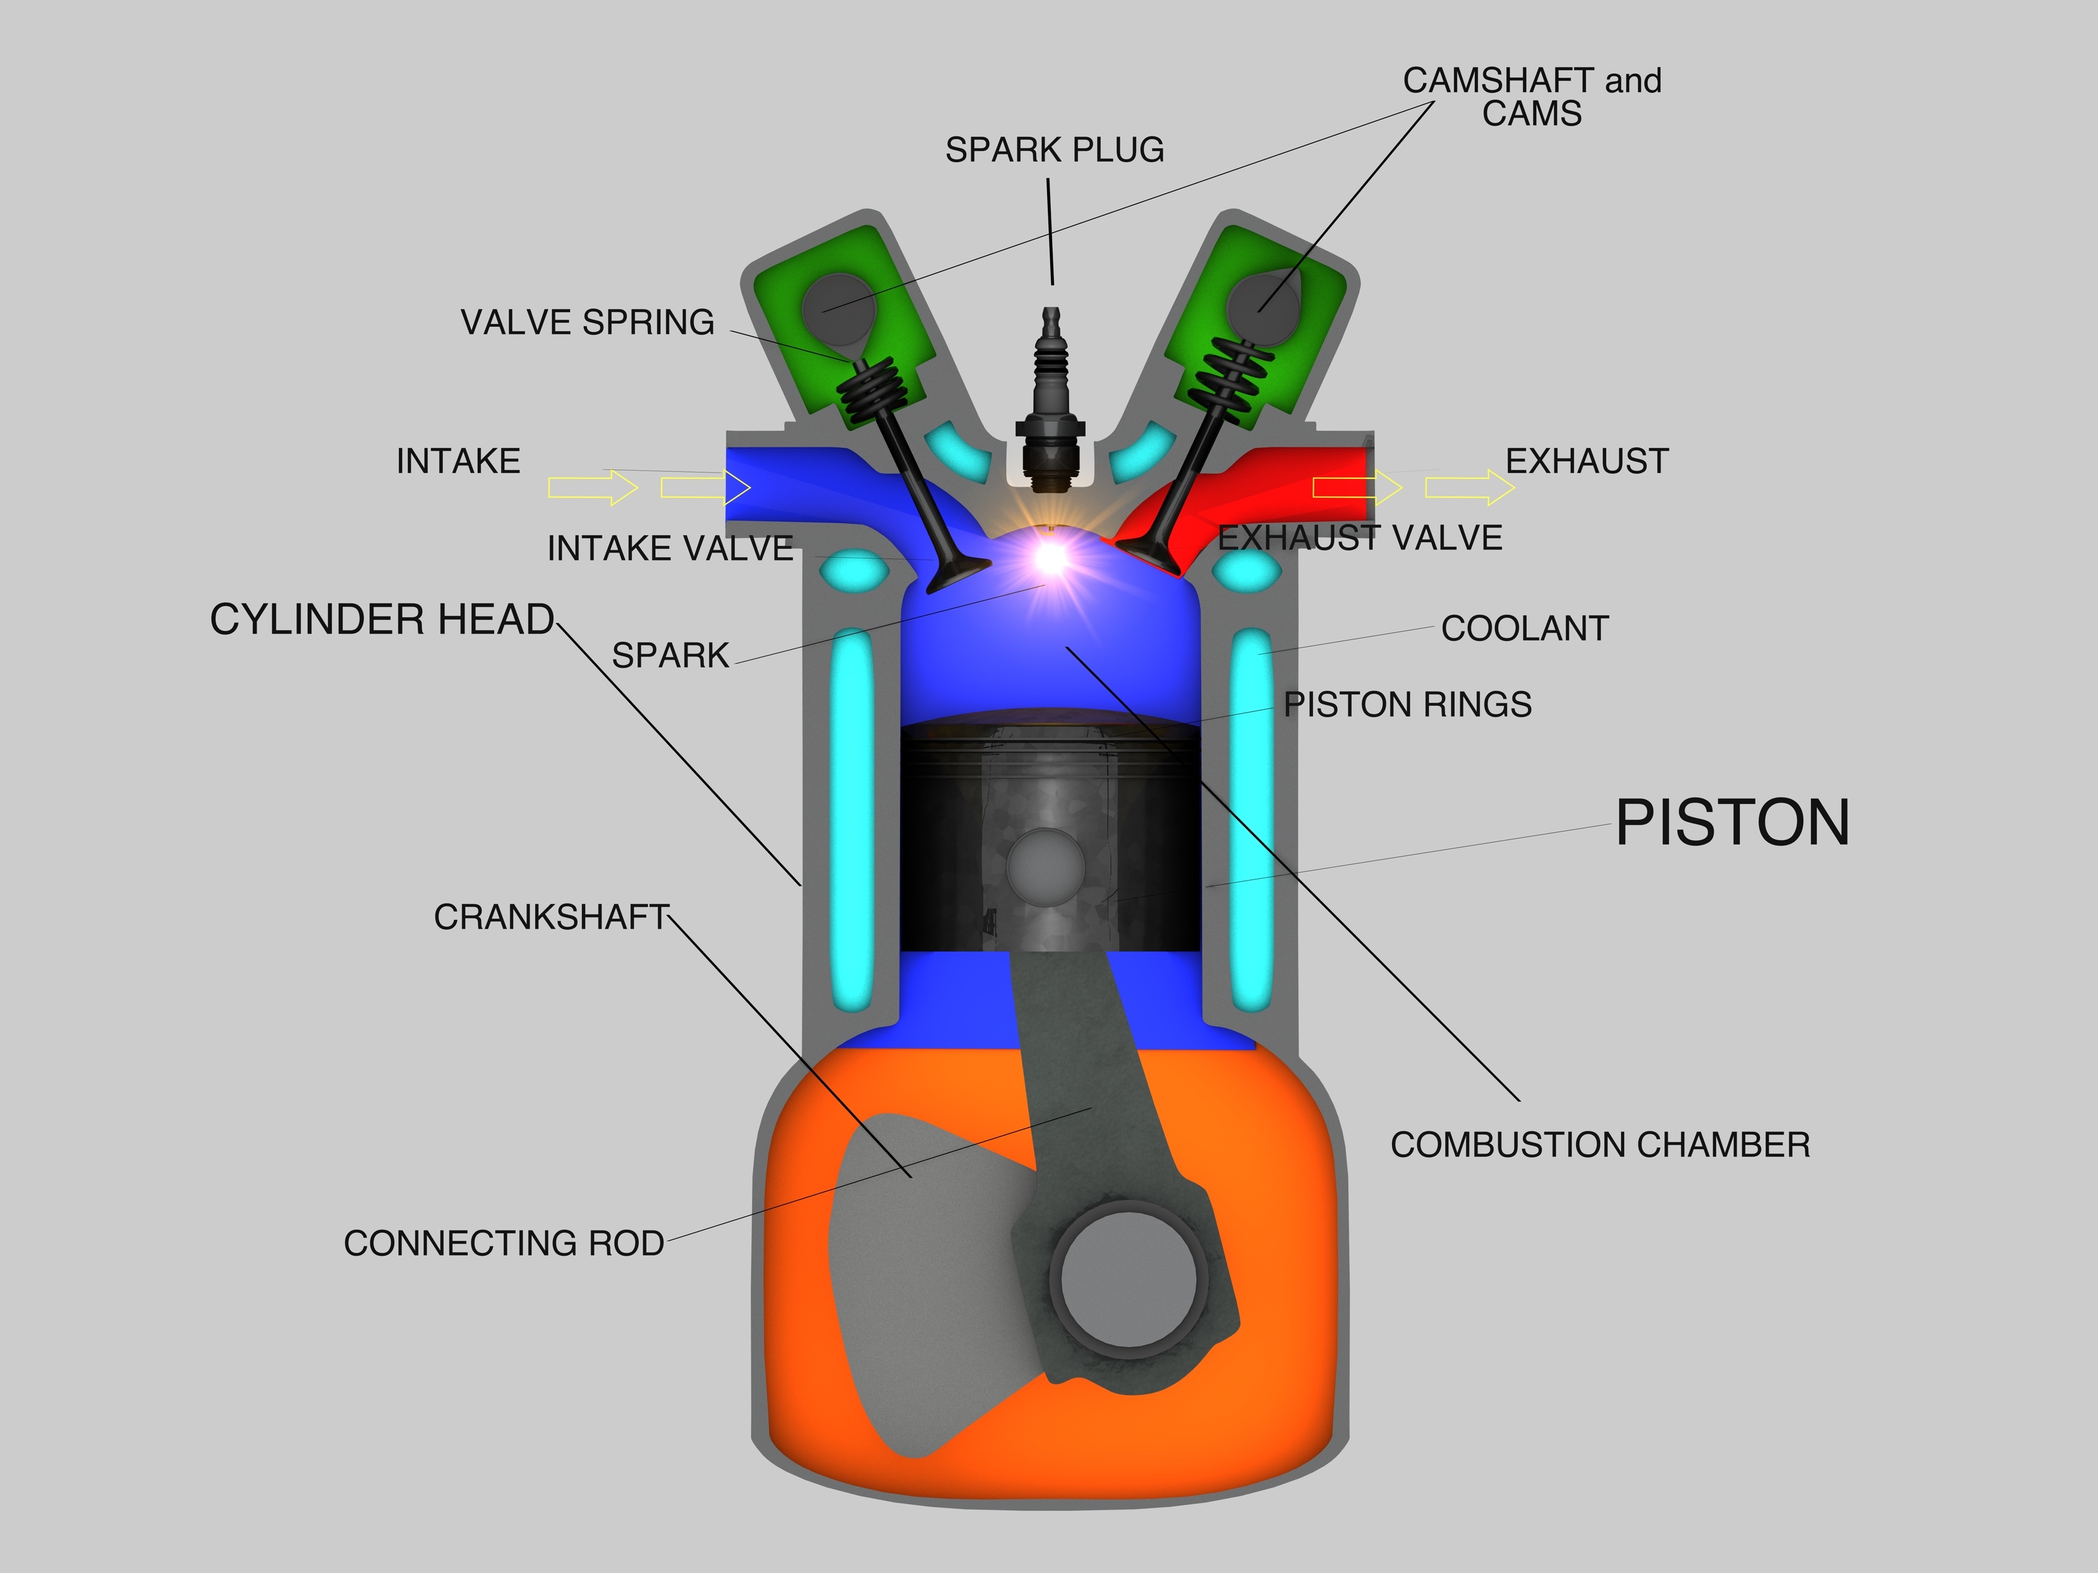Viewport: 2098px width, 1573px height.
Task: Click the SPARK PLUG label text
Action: click(x=1054, y=150)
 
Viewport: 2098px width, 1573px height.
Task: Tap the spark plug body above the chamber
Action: click(x=1051, y=398)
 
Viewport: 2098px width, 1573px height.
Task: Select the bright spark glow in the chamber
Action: click(x=1050, y=558)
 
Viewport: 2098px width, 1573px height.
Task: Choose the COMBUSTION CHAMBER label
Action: click(x=1600, y=1145)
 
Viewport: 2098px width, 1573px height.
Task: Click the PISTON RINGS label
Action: click(x=1407, y=704)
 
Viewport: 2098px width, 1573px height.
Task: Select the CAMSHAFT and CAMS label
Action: click(x=1532, y=96)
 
